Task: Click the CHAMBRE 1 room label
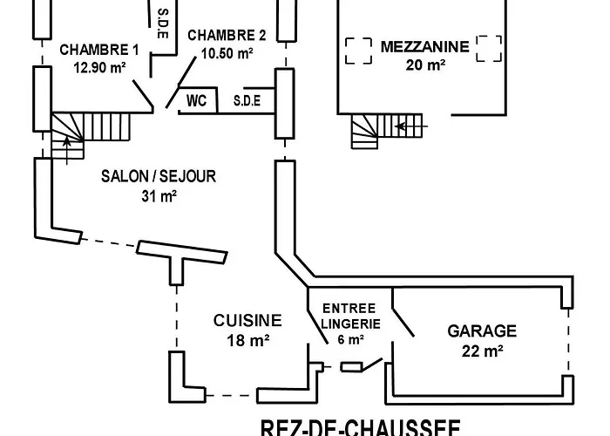99,49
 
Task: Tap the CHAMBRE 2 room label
226,36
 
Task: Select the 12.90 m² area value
99,67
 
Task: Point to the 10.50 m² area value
227,53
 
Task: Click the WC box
196,101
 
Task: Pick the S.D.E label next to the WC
247,101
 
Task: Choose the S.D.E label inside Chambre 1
162,24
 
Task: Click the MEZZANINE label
424,46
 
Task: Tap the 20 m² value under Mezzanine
424,64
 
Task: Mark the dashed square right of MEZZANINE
489,50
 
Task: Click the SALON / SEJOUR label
159,176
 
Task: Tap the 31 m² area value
159,195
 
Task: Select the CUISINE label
247,321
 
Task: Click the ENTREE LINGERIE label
349,317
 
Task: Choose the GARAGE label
482,331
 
